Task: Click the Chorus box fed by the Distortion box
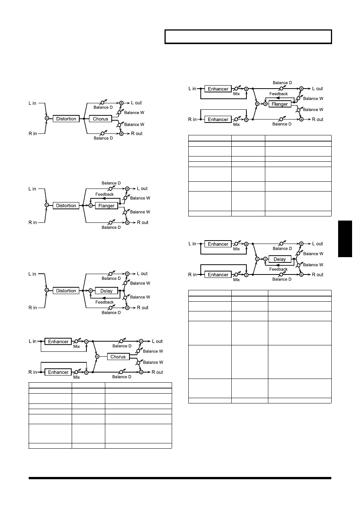tap(100, 119)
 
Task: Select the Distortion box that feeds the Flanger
tap(66, 205)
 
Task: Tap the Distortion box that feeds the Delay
tap(66, 291)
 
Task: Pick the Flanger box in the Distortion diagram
tap(106, 205)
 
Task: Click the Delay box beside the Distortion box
tap(106, 291)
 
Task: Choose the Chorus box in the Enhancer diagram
tap(118, 357)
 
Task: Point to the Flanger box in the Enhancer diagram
tap(280, 104)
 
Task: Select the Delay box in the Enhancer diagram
tap(280, 259)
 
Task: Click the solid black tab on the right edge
tap(345, 239)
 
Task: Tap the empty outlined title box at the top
tap(248, 37)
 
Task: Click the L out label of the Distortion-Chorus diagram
tap(136, 103)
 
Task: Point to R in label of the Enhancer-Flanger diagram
tap(192, 119)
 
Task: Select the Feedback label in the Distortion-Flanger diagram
tap(105, 194)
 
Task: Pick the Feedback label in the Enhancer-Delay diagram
tap(278, 269)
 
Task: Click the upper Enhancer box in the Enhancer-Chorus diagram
tap(58, 341)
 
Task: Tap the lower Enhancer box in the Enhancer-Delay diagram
tap(218, 274)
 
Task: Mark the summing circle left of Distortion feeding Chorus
tap(47, 118)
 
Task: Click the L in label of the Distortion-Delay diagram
tap(32, 274)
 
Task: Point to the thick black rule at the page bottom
tap(180, 478)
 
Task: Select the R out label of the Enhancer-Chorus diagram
tap(157, 372)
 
